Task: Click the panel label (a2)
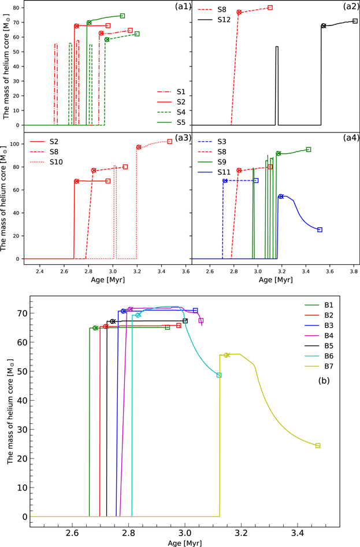tap(348, 8)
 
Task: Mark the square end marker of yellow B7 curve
tap(318, 445)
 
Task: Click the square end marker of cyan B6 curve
tap(219, 375)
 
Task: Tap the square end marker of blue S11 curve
tap(320, 230)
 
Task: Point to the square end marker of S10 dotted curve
tap(169, 141)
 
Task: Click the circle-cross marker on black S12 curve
tap(324, 25)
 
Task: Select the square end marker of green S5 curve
tap(122, 16)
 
